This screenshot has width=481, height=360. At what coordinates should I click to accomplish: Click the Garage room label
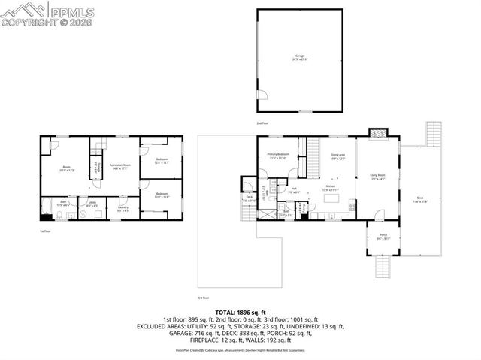[300, 58]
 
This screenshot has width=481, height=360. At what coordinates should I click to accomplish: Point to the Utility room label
[92, 204]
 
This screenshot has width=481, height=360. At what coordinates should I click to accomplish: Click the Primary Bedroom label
[278, 156]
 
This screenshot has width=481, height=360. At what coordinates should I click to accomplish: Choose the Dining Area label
[337, 157]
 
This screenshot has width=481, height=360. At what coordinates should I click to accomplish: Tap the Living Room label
[378, 177]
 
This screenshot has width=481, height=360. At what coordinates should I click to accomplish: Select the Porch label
[383, 237]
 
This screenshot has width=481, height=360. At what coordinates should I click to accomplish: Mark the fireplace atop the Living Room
[378, 134]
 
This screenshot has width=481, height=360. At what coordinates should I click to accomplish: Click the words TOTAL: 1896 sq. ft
[240, 311]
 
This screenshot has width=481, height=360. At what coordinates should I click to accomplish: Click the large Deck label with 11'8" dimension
[419, 200]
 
